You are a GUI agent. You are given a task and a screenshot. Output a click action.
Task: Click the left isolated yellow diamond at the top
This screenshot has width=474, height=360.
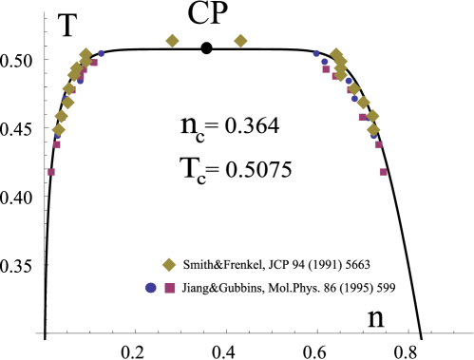coord(172,41)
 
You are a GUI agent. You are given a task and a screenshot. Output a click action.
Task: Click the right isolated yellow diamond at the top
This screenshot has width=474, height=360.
coord(240,41)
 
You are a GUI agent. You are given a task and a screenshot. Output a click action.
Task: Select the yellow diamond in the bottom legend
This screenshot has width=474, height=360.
coord(169,265)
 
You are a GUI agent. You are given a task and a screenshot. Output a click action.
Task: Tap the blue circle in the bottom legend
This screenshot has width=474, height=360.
coord(151,288)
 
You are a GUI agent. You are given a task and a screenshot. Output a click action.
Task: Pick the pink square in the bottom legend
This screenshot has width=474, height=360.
coord(170,288)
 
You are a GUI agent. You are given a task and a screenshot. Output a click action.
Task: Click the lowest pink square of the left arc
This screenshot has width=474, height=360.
coord(51,172)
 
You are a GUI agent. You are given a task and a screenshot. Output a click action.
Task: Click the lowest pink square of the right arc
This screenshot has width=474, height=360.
coord(383,172)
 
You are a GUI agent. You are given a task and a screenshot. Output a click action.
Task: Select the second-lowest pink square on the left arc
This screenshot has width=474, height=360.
coord(57,144)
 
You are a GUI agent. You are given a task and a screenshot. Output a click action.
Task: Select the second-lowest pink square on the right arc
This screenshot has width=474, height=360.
coord(378,144)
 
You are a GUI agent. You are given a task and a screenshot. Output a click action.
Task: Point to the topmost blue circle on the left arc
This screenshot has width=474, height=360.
coord(102,53)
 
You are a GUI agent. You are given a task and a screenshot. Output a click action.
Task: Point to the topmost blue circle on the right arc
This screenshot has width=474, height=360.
coord(316,53)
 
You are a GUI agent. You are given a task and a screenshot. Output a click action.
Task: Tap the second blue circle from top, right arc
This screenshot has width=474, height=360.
coord(324,62)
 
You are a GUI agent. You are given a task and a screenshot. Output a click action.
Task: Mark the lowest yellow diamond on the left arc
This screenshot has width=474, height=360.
coord(59,129)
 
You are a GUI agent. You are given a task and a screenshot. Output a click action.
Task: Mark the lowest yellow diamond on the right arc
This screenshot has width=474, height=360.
coord(373,129)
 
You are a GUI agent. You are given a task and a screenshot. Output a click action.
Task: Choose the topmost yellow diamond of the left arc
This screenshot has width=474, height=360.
coord(85,54)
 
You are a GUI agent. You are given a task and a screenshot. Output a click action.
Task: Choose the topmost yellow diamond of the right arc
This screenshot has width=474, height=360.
coord(335,54)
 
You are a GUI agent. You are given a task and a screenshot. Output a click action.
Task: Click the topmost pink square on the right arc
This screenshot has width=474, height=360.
coord(326,69)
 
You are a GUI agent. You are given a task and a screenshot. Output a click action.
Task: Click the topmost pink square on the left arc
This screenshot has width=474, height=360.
coord(94,63)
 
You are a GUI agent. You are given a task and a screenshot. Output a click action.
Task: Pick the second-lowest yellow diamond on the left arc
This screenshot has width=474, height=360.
coord(62,116)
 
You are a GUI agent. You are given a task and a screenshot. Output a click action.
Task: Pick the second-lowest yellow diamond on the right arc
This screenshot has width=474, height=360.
coord(372,116)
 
